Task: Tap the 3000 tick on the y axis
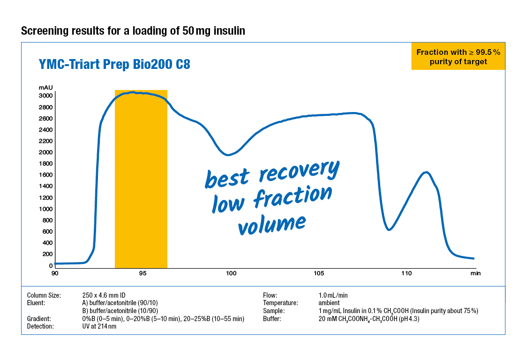tap(46, 96)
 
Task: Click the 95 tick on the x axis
tap(143, 273)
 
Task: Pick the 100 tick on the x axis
tap(231, 273)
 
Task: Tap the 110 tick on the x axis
tap(406, 273)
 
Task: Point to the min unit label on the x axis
tap(475, 273)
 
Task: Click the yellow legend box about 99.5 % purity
tap(458, 57)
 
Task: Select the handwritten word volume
tap(271, 224)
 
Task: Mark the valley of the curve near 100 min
tap(228, 154)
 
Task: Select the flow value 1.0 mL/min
tap(333, 295)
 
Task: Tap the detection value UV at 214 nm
tap(99, 327)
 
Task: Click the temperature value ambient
tap(329, 303)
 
